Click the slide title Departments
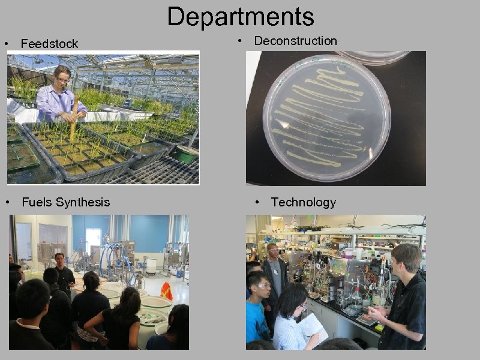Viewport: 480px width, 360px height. tap(240, 17)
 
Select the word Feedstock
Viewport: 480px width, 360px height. tap(49, 44)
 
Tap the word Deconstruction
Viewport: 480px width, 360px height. tap(295, 41)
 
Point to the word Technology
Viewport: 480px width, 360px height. tap(304, 202)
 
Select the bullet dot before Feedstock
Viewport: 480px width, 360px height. tap(6, 44)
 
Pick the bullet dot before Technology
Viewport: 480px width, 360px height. tap(257, 202)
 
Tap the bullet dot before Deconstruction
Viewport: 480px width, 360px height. tap(240, 41)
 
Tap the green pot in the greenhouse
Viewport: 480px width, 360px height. tap(187, 154)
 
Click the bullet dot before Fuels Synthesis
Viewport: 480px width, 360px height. tap(7, 202)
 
